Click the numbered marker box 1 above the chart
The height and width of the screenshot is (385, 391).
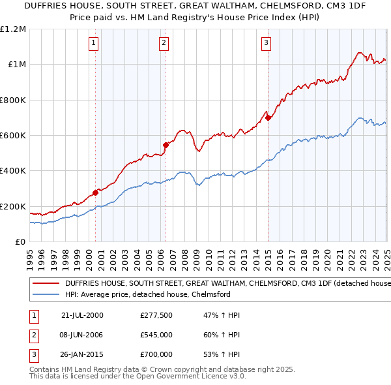[94, 44]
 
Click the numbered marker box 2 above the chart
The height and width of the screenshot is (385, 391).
[163, 44]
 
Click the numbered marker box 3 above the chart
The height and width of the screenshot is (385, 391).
[267, 44]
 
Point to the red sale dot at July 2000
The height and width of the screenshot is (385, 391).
[96, 192]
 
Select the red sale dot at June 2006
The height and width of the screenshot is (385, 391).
[166, 145]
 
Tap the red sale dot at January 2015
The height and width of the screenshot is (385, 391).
[268, 117]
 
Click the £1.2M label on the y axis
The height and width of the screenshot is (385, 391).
[13, 29]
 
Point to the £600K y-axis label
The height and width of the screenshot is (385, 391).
[13, 136]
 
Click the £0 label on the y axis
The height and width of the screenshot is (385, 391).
[20, 242]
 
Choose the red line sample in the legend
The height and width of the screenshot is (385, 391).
[46, 284]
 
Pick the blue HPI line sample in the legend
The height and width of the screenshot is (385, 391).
[46, 295]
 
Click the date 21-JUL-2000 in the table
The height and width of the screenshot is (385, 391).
[82, 315]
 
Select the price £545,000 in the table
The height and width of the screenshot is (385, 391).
[156, 335]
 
